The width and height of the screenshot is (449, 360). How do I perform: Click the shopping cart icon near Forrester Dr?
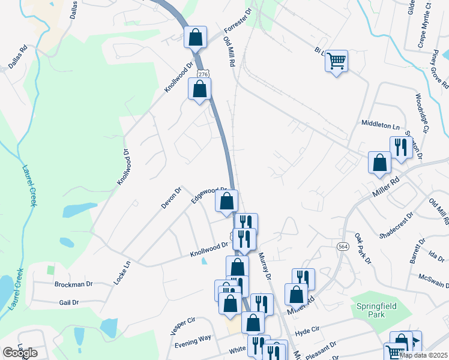click(x=337, y=60)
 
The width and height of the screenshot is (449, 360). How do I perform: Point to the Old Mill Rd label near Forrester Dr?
click(x=229, y=51)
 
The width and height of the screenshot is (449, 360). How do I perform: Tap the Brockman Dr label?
click(x=73, y=284)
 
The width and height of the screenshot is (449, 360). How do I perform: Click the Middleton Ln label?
click(x=380, y=125)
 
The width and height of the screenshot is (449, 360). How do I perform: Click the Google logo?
click(x=20, y=353)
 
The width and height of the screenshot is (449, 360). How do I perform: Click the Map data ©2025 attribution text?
click(x=423, y=355)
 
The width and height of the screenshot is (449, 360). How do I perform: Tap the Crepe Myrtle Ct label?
click(x=427, y=24)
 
